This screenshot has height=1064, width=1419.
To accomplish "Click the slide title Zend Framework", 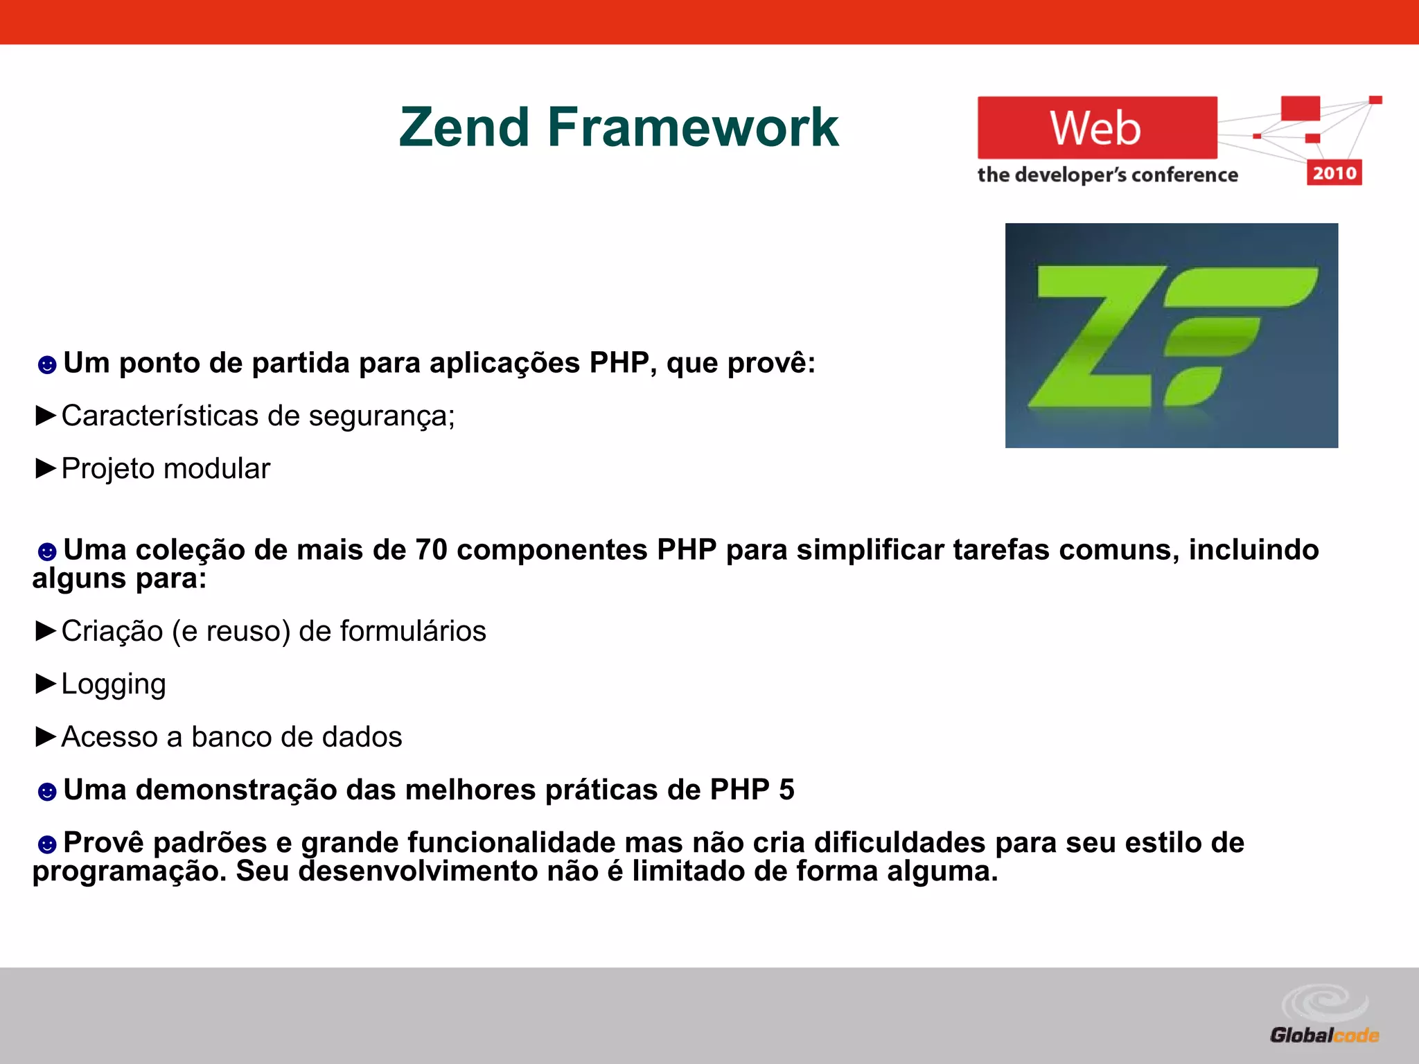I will pyautogui.click(x=619, y=127).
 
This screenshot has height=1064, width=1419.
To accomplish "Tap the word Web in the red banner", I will pyautogui.click(x=1095, y=128).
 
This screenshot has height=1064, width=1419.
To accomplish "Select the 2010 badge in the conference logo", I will pyautogui.click(x=1334, y=172).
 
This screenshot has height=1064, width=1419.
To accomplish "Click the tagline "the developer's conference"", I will pyautogui.click(x=1107, y=175).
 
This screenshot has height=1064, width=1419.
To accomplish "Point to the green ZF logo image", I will pyautogui.click(x=1171, y=335).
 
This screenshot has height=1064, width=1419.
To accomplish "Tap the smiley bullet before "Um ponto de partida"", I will pyautogui.click(x=46, y=364).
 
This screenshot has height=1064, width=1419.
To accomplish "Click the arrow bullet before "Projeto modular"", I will pyautogui.click(x=46, y=469).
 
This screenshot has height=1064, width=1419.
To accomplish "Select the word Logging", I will pyautogui.click(x=114, y=684).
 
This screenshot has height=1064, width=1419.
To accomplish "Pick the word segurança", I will pyautogui.click(x=382, y=416).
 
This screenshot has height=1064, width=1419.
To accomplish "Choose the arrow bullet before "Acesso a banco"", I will pyautogui.click(x=46, y=737).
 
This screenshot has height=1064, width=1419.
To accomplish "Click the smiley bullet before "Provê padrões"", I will pyautogui.click(x=46, y=844).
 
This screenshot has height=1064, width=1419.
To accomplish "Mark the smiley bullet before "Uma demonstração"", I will pyautogui.click(x=46, y=791).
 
